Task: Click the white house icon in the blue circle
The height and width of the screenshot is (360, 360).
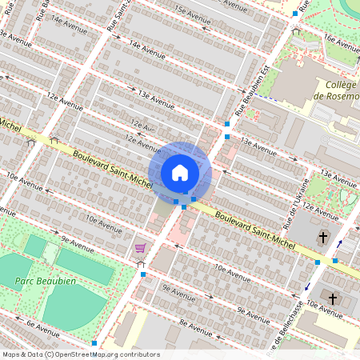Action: [180, 172]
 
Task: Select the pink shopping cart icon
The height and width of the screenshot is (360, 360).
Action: [141, 248]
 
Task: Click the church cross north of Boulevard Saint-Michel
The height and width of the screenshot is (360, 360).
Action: [324, 238]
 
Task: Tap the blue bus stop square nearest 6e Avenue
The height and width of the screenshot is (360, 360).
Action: [94, 342]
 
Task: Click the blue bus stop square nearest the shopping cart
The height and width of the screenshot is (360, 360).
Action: [143, 274]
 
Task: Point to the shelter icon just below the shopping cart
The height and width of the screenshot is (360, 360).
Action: [141, 263]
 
